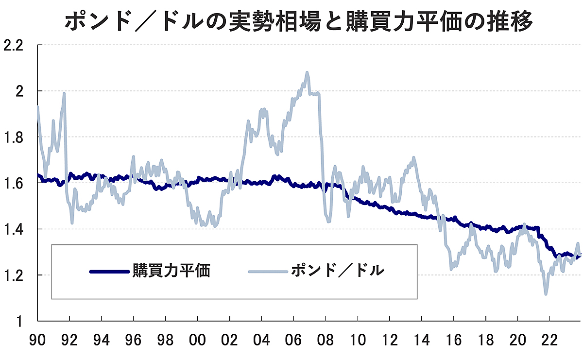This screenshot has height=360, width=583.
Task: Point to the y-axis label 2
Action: (20, 91)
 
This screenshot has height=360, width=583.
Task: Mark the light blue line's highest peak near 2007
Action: (307, 73)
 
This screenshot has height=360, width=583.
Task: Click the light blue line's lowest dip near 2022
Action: (546, 293)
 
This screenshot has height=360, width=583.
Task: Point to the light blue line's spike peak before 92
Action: (64, 94)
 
